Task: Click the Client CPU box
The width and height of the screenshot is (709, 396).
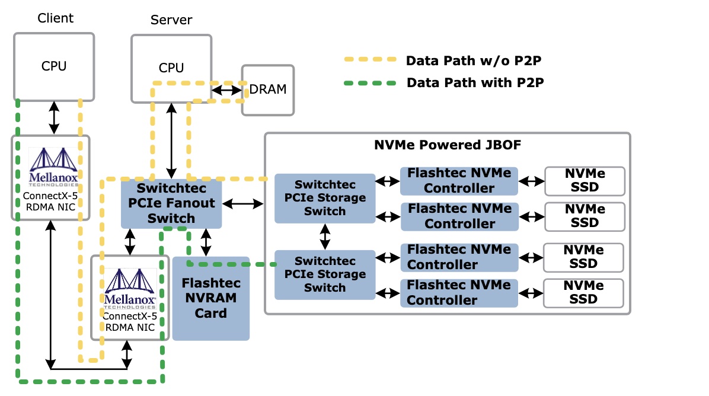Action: point(54,66)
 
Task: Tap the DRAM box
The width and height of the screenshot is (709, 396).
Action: point(268,90)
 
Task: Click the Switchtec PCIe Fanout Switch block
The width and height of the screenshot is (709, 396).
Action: point(171,203)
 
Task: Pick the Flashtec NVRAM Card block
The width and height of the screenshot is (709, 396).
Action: point(210,298)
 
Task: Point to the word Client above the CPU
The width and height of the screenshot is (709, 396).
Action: point(55,18)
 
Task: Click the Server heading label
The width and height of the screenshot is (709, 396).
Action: point(171,20)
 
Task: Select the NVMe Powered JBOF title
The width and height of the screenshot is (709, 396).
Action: point(448,145)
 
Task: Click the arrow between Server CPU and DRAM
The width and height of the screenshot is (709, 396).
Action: point(227,90)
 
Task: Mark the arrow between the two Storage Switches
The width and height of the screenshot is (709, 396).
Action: point(324,237)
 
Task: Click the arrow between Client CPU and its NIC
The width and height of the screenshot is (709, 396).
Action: point(54,117)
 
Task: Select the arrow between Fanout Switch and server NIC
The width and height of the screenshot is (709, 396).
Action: point(130,242)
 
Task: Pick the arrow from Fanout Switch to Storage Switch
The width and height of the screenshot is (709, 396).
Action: point(242,204)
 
